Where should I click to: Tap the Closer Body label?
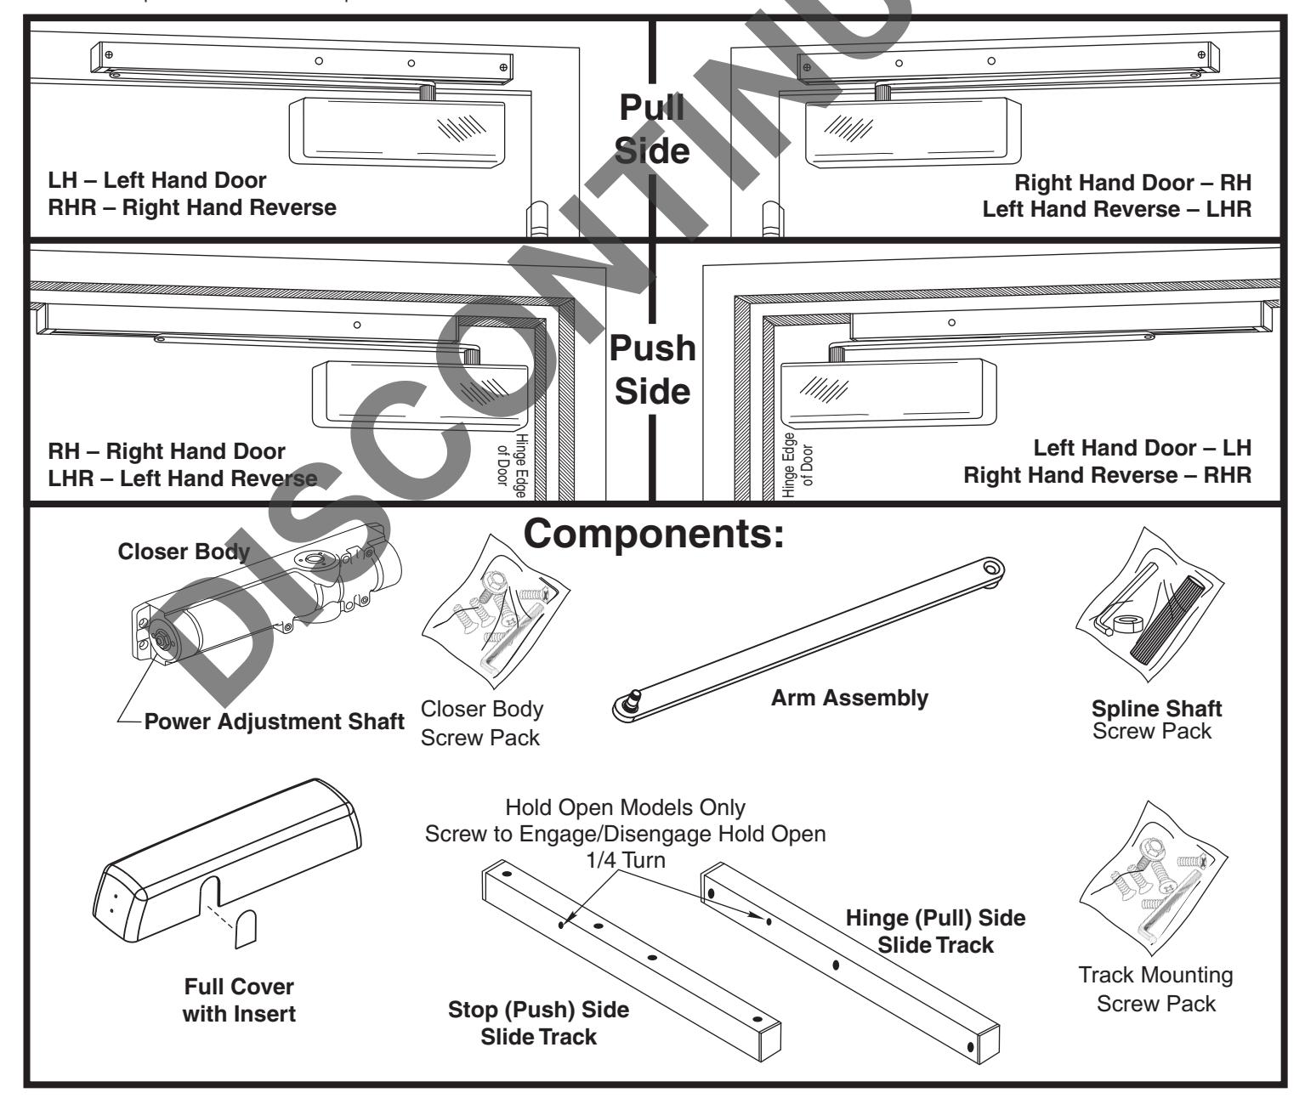coord(184,552)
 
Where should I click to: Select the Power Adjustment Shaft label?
coord(274,722)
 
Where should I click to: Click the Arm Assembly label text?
coord(849,698)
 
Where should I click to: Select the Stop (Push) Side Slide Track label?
coord(538,1023)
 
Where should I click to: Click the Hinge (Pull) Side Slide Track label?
coord(935,931)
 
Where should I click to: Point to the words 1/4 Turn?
coord(625,860)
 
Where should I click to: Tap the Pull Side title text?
coord(652,129)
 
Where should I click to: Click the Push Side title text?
coord(652,370)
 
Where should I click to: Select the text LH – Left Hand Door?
coord(156,180)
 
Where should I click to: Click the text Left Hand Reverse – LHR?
coord(1116,209)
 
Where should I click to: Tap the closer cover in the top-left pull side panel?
coord(398,129)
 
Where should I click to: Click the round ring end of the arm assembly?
coord(992,568)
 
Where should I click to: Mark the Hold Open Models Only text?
coord(625,807)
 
